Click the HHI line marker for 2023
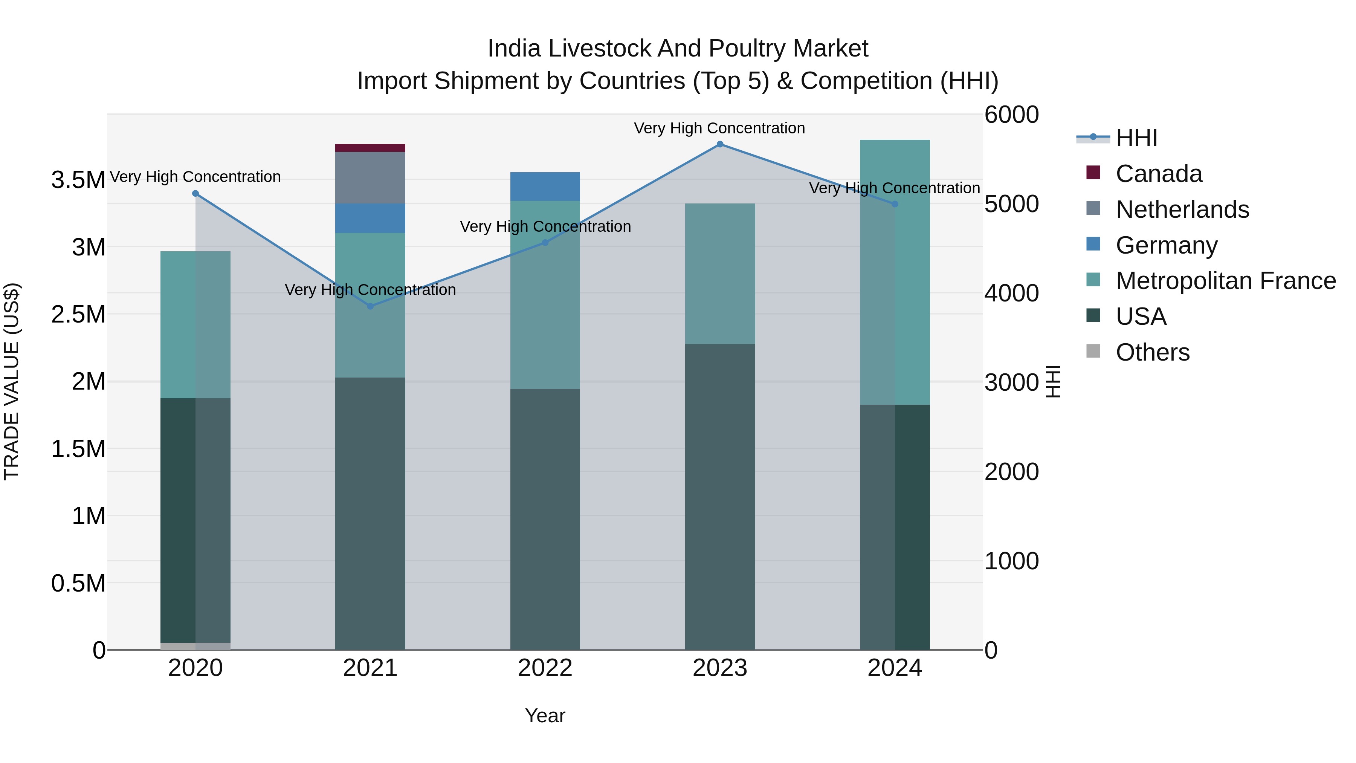click(x=719, y=144)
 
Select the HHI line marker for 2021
click(x=370, y=306)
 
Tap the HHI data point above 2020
click(x=195, y=193)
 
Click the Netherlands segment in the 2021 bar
click(x=370, y=177)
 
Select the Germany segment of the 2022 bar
click(x=545, y=187)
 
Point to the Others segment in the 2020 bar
click(x=195, y=646)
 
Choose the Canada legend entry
click(x=1158, y=174)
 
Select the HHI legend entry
click(x=1136, y=138)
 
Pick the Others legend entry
click(x=1152, y=352)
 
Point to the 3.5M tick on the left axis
click(x=78, y=180)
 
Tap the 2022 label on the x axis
click(x=545, y=668)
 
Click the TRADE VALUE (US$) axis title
click(x=12, y=381)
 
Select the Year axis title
click(x=545, y=716)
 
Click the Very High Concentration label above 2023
click(x=719, y=128)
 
